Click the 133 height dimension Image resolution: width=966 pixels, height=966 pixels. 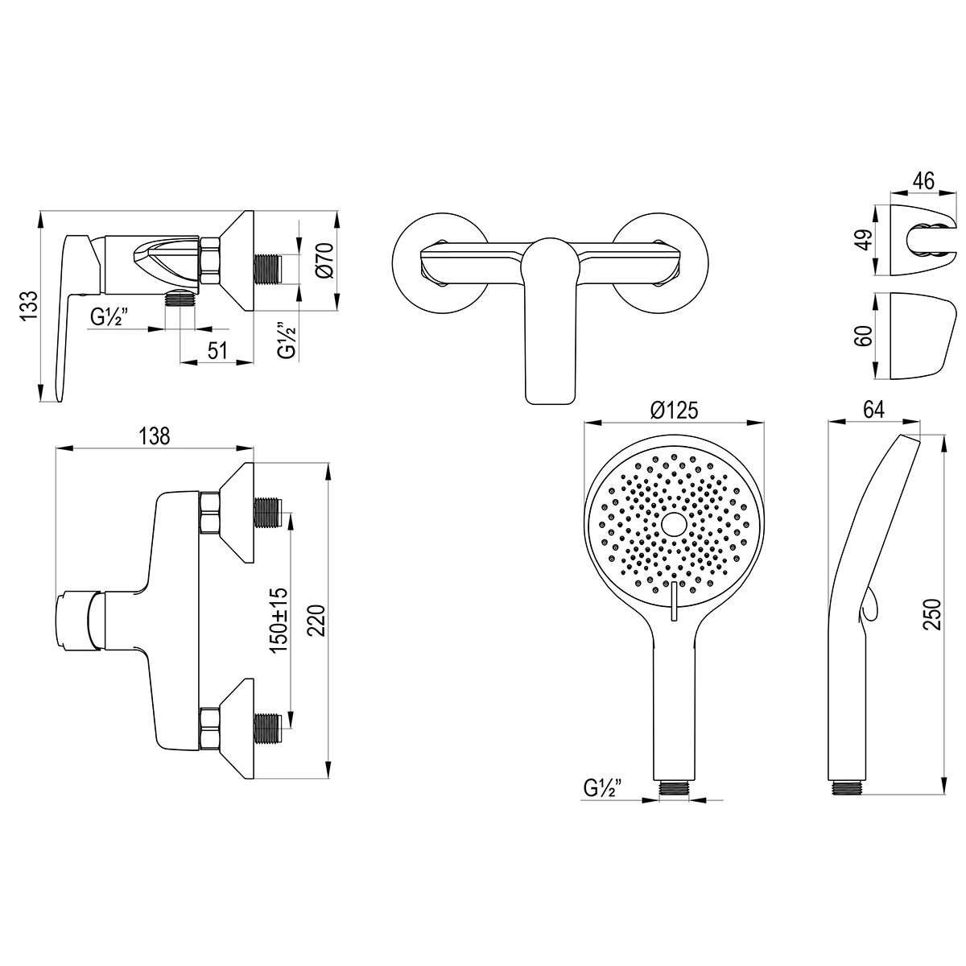pos(31,305)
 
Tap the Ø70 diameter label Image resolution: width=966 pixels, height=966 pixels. pos(325,259)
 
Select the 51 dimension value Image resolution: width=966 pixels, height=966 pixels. pos(217,350)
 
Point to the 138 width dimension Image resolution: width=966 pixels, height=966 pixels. pos(155,436)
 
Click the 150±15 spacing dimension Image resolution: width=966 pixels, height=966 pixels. pos(279,620)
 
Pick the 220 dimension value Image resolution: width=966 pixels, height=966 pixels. pos(316,621)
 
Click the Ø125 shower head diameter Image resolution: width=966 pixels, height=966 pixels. pos(674,411)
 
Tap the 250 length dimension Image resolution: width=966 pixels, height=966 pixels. pos(932,614)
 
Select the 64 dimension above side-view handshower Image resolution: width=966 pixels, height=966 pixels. pos(873,410)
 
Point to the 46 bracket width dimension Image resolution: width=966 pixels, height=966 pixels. pos(923,180)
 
